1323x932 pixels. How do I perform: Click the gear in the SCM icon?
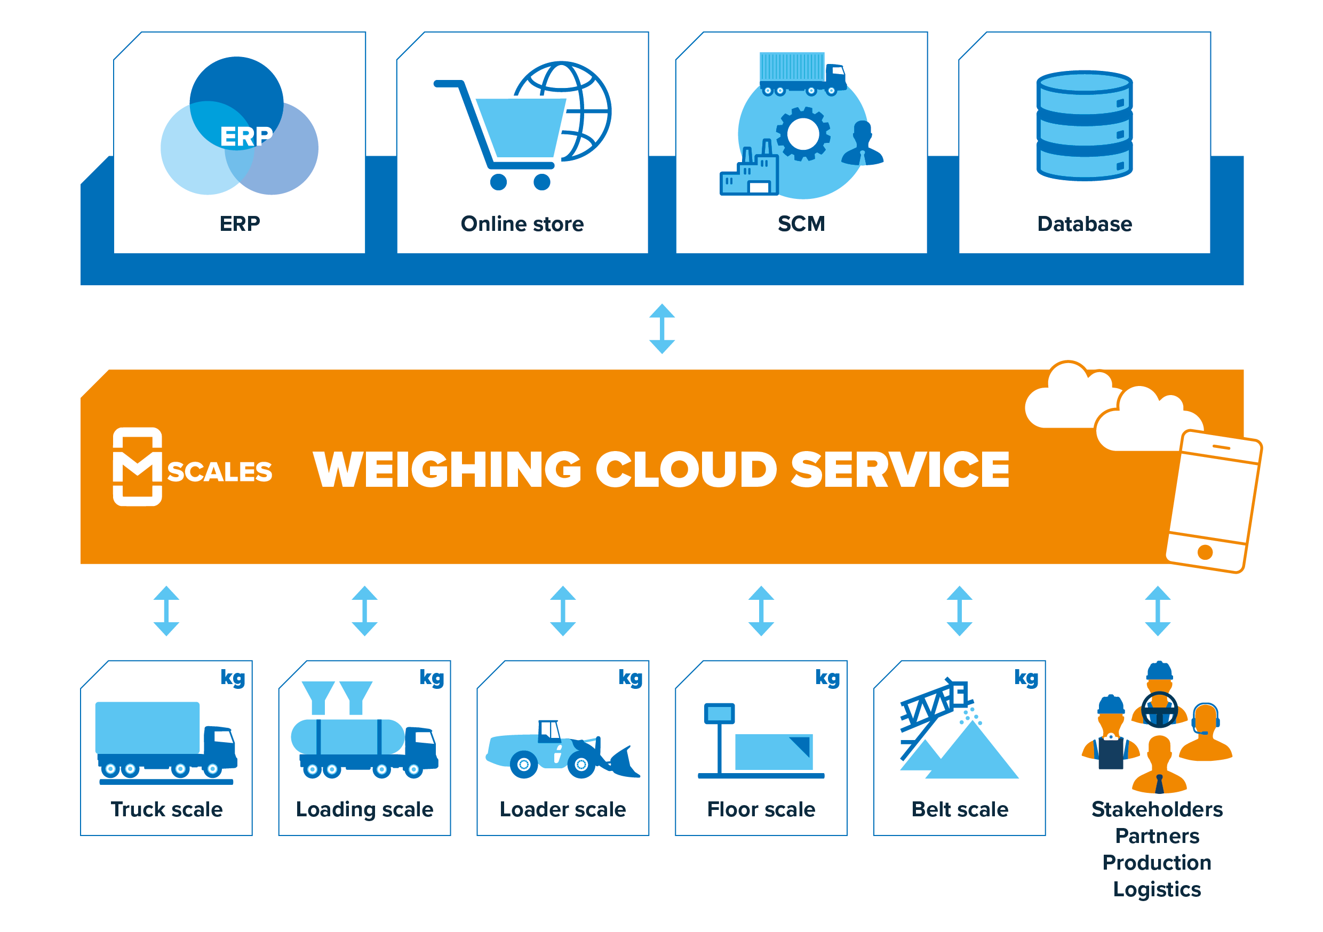click(x=803, y=134)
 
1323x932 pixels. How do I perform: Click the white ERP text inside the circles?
click(x=246, y=137)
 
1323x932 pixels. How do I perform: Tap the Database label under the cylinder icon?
click(x=1084, y=224)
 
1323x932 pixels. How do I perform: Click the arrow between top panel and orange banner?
click(x=661, y=329)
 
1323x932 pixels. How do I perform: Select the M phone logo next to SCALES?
click(x=137, y=467)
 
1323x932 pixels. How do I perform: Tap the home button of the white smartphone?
click(x=1205, y=552)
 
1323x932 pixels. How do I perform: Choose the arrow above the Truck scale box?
click(x=166, y=610)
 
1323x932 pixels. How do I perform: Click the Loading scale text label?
click(x=364, y=809)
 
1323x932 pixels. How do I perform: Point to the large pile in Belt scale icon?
click(x=974, y=754)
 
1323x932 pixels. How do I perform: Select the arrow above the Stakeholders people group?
click(x=1157, y=610)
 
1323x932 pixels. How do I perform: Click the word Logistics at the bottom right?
click(x=1157, y=889)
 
